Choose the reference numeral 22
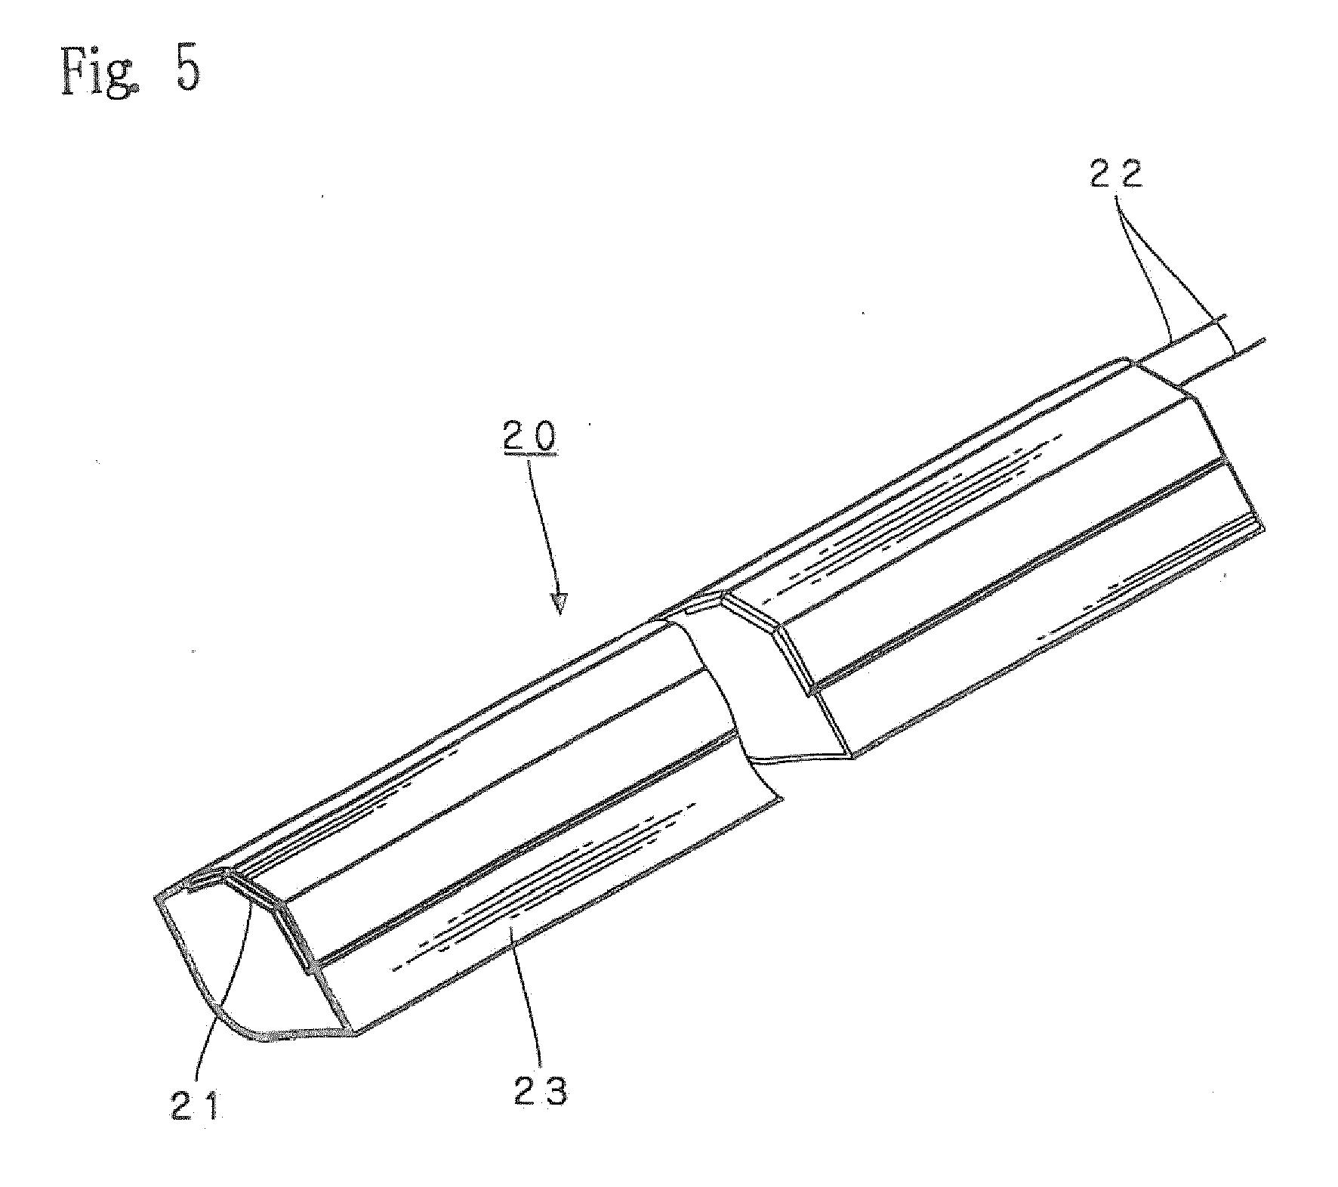point(1116,176)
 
